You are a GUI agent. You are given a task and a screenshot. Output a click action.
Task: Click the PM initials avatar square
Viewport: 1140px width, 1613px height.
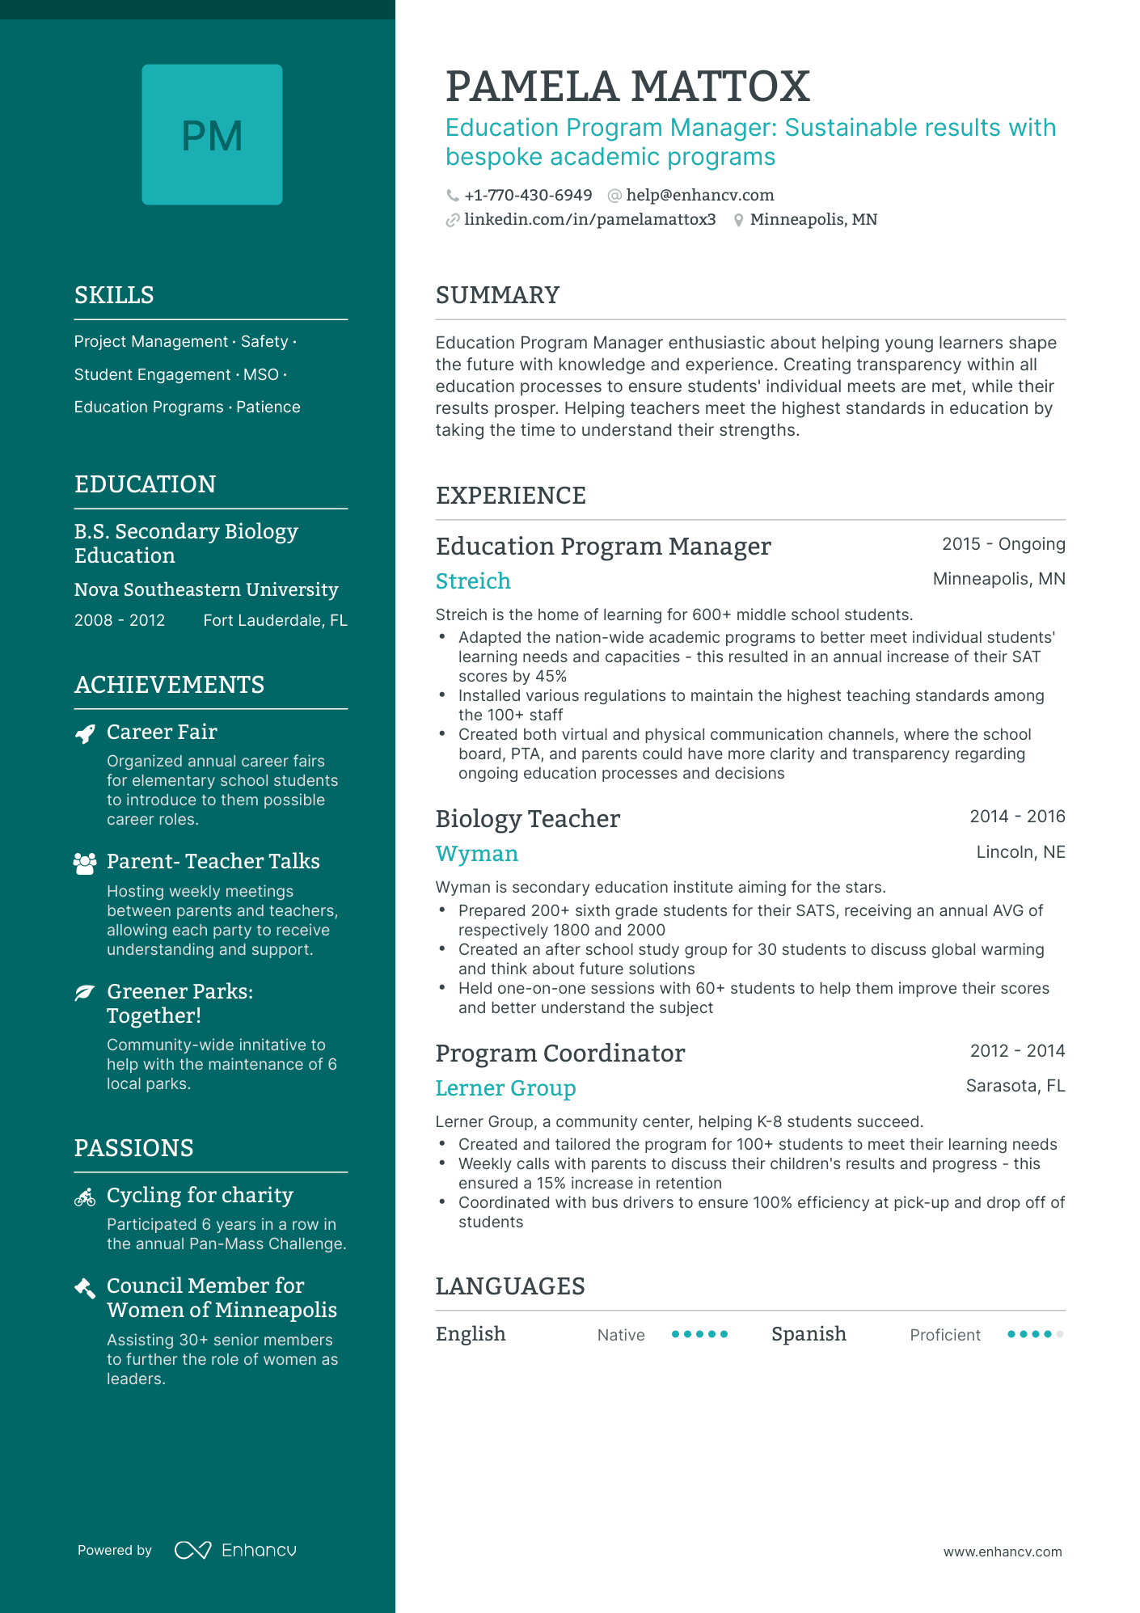coord(212,134)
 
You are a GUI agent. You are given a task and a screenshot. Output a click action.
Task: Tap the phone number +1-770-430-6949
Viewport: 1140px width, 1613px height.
coord(528,195)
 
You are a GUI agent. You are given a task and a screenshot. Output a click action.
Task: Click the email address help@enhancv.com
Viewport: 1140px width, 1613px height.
coord(699,195)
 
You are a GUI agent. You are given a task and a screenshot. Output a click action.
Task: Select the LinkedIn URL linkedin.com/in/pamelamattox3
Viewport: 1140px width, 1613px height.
coord(589,219)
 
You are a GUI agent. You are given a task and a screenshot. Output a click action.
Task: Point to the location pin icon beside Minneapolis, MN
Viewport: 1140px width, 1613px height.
coord(738,220)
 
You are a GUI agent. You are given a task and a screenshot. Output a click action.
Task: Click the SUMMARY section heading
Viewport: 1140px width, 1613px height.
coord(497,295)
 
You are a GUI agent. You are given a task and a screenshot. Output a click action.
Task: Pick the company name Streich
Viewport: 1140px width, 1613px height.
coord(473,581)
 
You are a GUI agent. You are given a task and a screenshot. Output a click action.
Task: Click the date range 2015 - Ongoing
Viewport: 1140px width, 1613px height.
coord(1003,544)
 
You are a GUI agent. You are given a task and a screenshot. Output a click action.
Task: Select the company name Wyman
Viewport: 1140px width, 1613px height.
coord(476,853)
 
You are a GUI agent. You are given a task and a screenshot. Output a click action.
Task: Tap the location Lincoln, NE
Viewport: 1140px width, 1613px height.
coord(1020,852)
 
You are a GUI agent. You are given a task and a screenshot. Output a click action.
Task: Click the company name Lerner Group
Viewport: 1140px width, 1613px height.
coord(505,1087)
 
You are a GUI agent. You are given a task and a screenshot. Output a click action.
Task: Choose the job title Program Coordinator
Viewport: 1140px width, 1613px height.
coord(559,1053)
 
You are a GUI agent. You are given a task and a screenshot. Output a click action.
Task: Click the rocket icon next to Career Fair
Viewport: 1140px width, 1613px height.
coord(85,733)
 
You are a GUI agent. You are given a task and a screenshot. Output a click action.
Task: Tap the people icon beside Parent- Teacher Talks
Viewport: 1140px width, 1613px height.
coord(85,863)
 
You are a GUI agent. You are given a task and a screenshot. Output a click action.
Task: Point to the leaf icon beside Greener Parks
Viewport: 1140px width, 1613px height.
coord(85,992)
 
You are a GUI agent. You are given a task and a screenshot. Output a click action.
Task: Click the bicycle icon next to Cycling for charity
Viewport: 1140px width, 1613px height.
coord(85,1197)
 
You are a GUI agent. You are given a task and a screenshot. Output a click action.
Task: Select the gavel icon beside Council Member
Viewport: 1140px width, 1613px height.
coord(85,1288)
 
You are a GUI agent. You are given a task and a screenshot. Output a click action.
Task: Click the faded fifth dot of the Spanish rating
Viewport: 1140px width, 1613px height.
coord(1060,1334)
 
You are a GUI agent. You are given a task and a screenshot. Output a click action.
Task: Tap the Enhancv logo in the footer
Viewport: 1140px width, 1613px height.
coord(235,1550)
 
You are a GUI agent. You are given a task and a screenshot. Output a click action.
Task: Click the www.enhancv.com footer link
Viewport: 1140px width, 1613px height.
coord(1002,1552)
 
